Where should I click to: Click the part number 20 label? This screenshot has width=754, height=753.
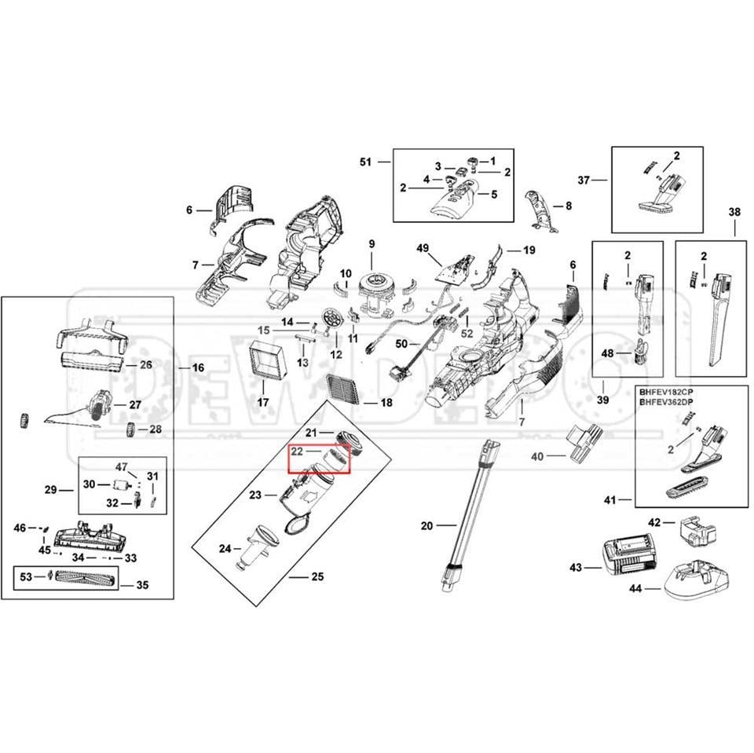tap(426, 525)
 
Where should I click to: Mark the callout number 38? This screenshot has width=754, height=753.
tap(734, 211)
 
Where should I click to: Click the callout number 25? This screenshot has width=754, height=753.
tap(317, 577)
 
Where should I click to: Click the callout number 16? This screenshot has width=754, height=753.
tap(198, 367)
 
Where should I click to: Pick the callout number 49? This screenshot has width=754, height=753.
tap(423, 249)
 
